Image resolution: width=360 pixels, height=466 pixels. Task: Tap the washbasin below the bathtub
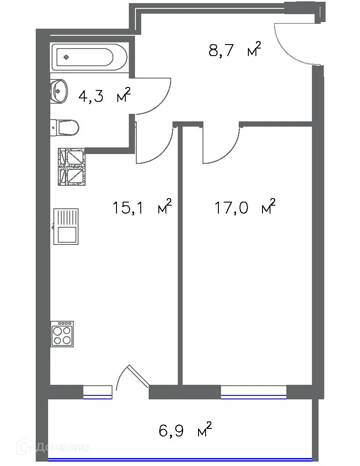coord(59,91)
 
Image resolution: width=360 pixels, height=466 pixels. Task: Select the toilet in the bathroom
coord(66,128)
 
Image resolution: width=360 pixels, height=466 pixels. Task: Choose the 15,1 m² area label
coord(142,207)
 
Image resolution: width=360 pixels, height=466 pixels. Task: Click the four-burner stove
coord(62,334)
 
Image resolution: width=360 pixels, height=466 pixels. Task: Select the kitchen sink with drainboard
coord(66,226)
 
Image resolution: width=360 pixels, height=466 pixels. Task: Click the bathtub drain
coord(66,57)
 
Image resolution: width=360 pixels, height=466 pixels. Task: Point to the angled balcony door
coord(138,376)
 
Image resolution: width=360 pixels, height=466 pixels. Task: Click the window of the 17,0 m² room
coord(253,392)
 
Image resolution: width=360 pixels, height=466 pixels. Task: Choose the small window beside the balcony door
coord(97,392)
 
